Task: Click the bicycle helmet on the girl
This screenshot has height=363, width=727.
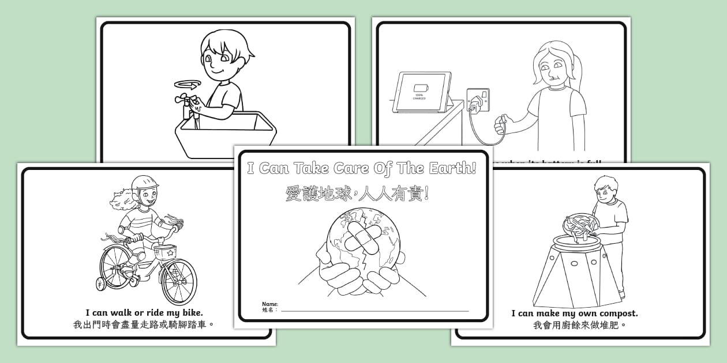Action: click(x=144, y=183)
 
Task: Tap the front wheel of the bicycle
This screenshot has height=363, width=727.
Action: click(x=178, y=282)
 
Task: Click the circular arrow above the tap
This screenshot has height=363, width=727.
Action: click(x=187, y=85)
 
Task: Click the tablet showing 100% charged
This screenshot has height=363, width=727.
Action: click(x=422, y=92)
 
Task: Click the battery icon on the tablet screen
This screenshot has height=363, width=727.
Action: click(x=419, y=88)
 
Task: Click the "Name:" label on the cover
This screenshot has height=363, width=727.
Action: click(x=270, y=304)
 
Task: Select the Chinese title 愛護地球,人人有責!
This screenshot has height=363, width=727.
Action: click(x=358, y=194)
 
